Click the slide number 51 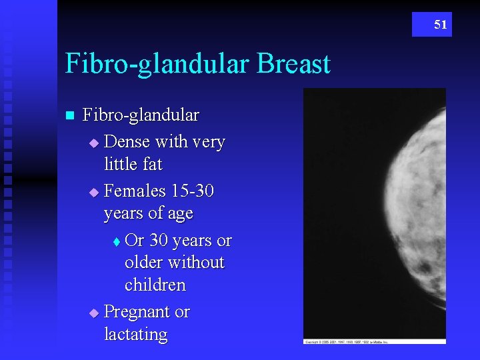point(441,25)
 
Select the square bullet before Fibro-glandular point(69,115)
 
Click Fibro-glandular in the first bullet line point(141,115)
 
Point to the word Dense point(127,142)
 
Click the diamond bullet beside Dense point(93,143)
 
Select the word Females point(135,191)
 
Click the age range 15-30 point(193,191)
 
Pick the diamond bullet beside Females point(93,192)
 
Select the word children point(155,285)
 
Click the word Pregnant point(137,312)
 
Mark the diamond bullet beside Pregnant point(93,312)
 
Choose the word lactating point(136,334)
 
